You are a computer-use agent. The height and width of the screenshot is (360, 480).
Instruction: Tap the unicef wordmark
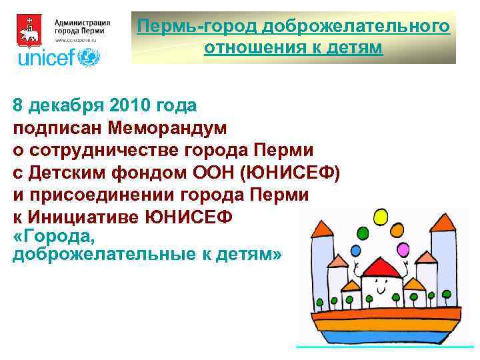[x=47, y=58]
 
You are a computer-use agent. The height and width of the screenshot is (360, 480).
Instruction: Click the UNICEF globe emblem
[x=89, y=57]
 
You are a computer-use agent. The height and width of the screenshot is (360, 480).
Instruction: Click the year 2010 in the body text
[x=125, y=105]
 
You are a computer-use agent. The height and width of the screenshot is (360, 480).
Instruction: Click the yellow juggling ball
[x=381, y=217]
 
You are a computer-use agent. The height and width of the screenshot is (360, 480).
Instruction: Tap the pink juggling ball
[x=403, y=250]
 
